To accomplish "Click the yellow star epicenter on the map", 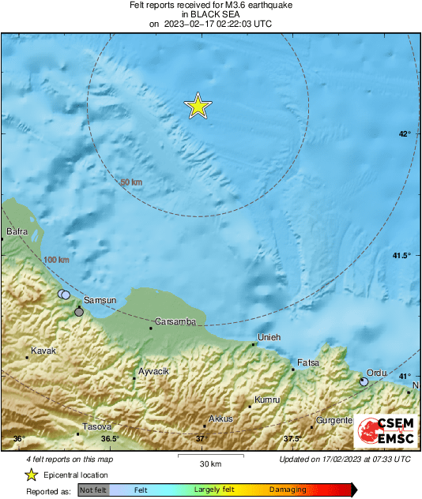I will tap(198, 106).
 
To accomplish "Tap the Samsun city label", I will tap(100, 300).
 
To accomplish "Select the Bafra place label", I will tap(17, 231).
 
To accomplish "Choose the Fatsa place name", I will tap(307, 362).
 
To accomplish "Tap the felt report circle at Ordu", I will tap(364, 381).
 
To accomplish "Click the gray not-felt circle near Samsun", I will tap(79, 313).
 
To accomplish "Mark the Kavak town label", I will tap(43, 350).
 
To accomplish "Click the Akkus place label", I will tap(220, 418).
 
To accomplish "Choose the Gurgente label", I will tap(333, 420).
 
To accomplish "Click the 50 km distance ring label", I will tap(131, 182).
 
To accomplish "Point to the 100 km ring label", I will tap(56, 260).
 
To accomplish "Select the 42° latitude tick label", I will tap(404, 134).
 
